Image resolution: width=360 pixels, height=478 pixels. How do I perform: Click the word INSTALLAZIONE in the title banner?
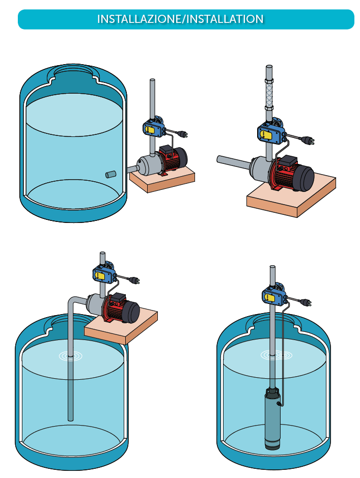point(139,19)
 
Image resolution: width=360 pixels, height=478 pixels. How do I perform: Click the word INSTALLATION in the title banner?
point(225,19)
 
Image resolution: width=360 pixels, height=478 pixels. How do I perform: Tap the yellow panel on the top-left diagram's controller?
point(150,129)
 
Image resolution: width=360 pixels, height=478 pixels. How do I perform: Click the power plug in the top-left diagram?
point(182,133)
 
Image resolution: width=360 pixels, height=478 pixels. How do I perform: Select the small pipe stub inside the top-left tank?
point(111,175)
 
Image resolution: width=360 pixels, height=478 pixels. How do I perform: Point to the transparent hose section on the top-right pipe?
point(269,94)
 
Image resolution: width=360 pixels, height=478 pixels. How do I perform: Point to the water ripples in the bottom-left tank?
point(70,355)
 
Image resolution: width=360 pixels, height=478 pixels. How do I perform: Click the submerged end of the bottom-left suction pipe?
point(70,419)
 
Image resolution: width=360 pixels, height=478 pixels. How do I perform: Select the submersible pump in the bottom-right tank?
point(272,418)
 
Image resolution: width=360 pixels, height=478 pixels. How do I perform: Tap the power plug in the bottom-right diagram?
point(306,302)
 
